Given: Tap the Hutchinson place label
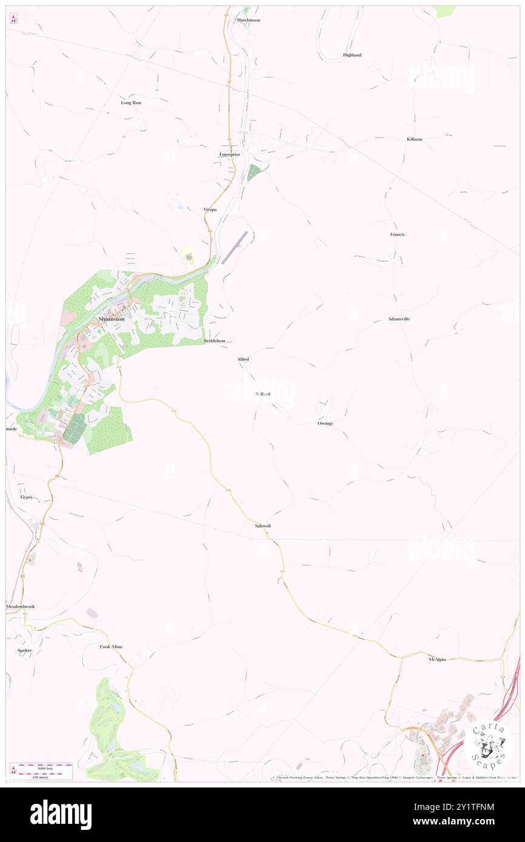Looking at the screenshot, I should pos(249,20).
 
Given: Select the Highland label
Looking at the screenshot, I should pos(352,55).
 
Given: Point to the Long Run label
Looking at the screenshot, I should pos(131,103).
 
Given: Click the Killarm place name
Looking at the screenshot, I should pos(415,139).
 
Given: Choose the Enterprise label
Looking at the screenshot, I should pos(230,154).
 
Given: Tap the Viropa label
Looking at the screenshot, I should pos(210,209).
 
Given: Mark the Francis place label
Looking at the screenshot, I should pos(397,234).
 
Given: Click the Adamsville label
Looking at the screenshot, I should pos(399,319).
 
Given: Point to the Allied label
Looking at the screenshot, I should pos(243,359).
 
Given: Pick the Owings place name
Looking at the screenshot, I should pos(325,423).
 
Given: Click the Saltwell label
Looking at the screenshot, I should pos(262,526).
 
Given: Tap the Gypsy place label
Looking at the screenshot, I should pos(26,497).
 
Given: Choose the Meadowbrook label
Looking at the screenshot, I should pos(21,606).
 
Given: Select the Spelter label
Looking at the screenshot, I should pos(25,651).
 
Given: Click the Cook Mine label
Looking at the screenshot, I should pos(111,647).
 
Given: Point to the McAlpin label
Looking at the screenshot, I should pos(437,660).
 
